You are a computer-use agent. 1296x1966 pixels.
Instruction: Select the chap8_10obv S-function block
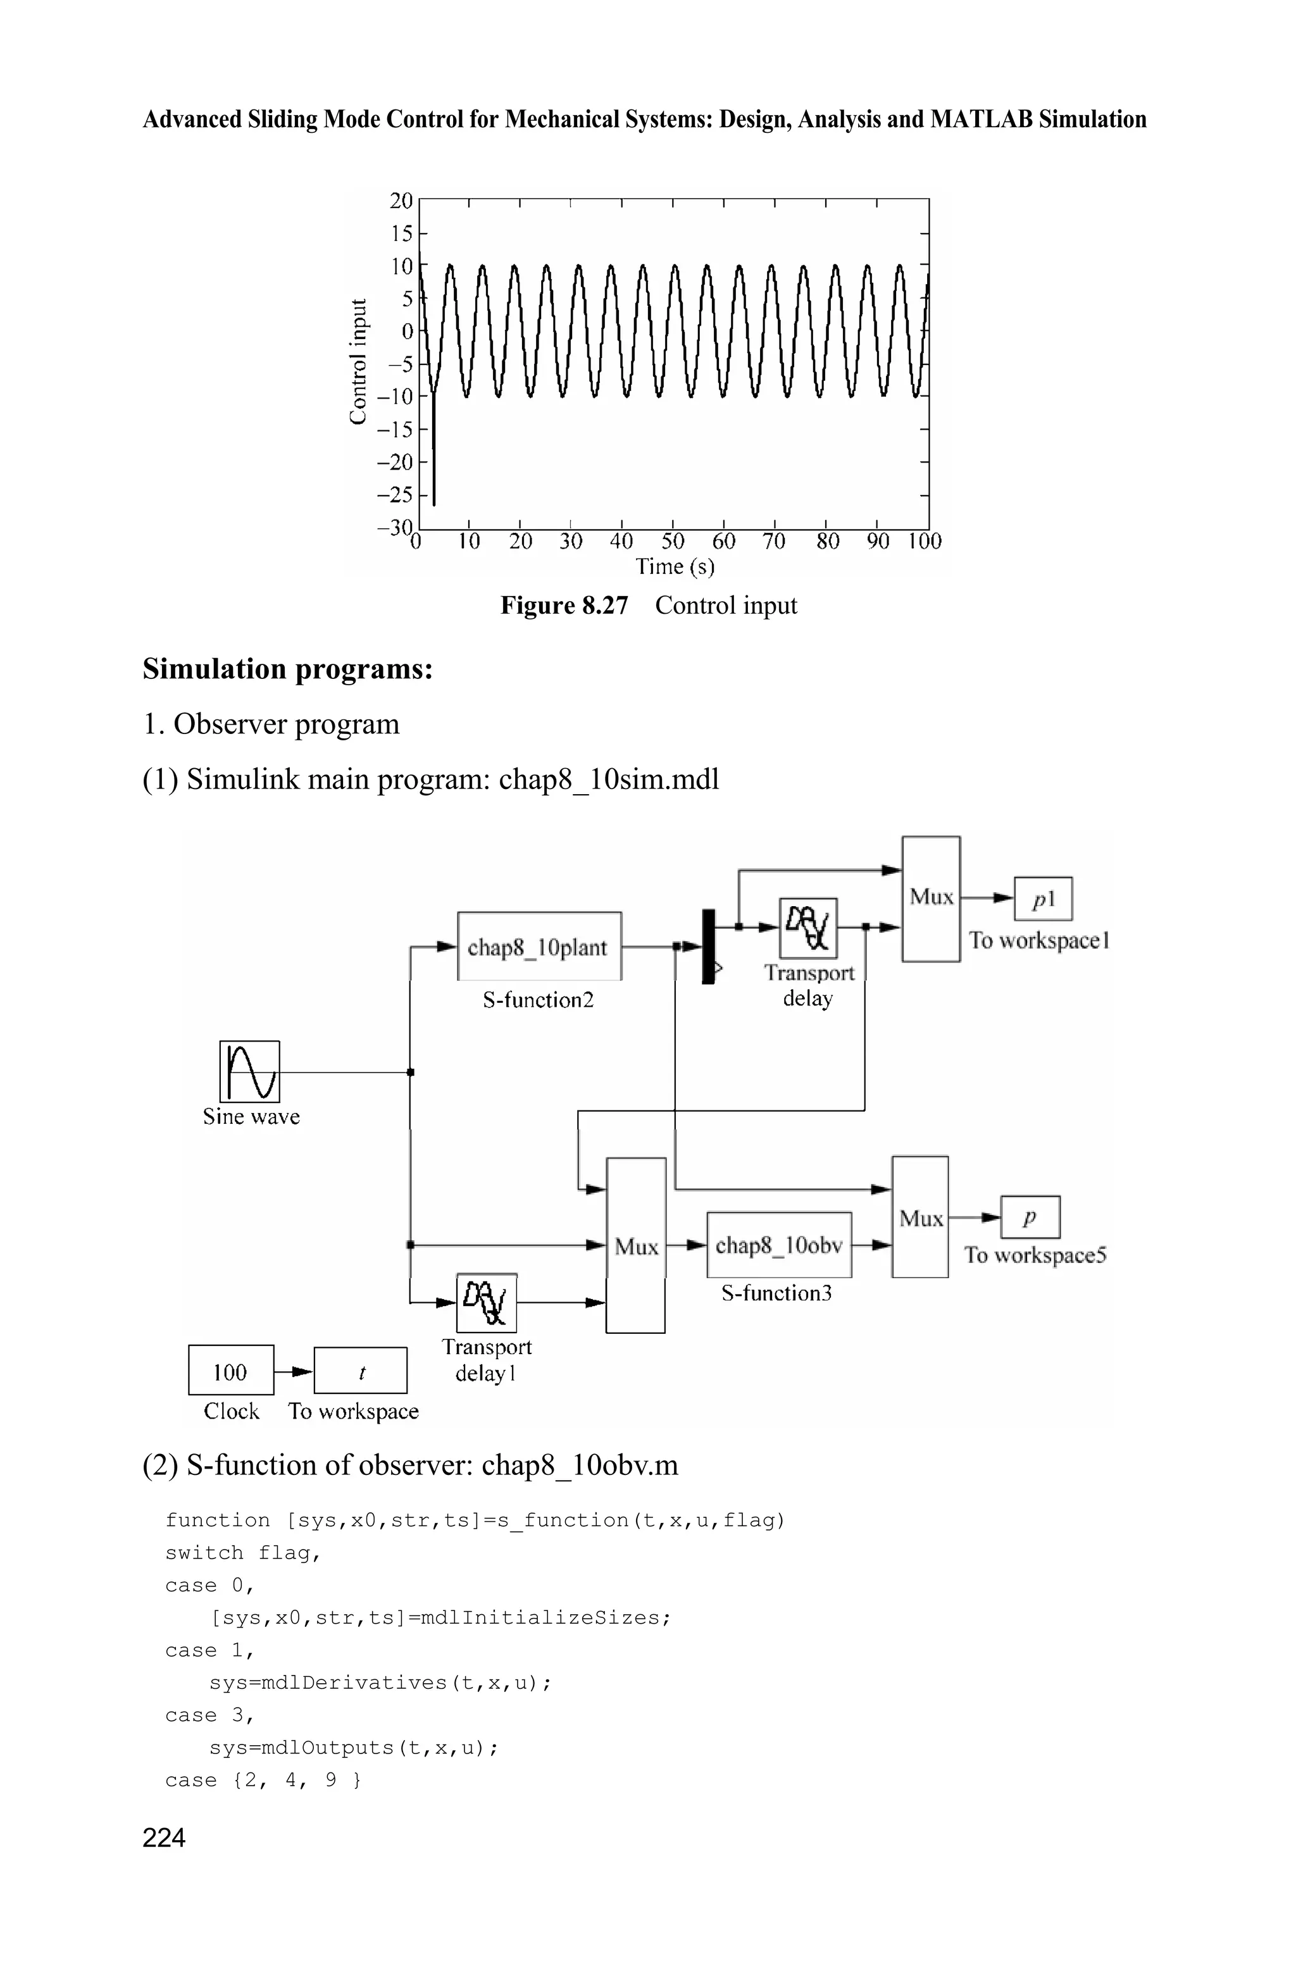778,1245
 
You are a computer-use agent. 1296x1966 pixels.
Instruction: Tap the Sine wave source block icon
249,1071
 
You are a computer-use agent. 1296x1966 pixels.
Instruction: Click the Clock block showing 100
230,1372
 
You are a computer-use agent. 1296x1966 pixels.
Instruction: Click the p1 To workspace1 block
1043,899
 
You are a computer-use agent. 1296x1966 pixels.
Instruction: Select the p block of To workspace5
1030,1217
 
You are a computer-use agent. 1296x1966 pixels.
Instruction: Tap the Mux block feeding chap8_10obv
635,1245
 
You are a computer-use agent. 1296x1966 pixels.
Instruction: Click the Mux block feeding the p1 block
931,899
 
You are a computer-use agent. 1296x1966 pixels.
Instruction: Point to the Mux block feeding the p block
920,1217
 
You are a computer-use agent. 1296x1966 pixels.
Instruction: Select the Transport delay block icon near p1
808,927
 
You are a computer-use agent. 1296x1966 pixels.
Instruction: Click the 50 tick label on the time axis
673,542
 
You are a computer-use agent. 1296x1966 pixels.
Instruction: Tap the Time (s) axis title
675,567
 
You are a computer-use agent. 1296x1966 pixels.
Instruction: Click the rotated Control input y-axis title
358,362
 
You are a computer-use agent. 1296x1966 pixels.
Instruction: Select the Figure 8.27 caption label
564,606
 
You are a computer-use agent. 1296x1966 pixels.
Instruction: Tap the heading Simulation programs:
288,669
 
